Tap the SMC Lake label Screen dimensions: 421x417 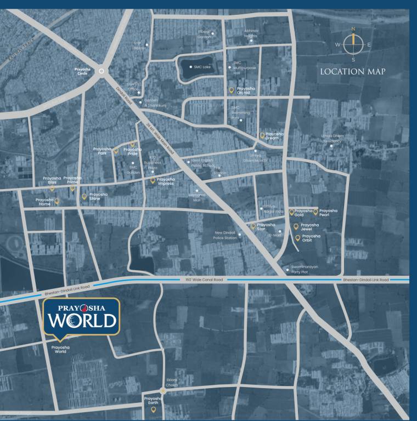point(201,67)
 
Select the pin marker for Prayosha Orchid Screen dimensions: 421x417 point(231,89)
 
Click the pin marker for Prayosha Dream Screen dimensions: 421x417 point(262,134)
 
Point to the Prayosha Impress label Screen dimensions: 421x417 point(165,181)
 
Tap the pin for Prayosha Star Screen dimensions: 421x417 point(253,225)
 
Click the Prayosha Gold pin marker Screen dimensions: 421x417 point(292,211)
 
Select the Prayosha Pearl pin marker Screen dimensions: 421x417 point(315,211)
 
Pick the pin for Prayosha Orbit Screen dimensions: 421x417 point(297,238)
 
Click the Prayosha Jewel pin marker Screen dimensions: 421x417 point(296,226)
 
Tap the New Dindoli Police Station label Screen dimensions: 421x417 point(227,235)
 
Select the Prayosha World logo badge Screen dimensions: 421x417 point(81,317)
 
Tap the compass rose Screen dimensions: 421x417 point(353,44)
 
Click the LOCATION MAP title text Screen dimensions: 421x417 point(353,72)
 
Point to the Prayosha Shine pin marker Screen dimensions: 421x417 point(84,196)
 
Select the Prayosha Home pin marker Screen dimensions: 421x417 point(57,201)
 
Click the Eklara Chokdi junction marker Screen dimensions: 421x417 point(163,391)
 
